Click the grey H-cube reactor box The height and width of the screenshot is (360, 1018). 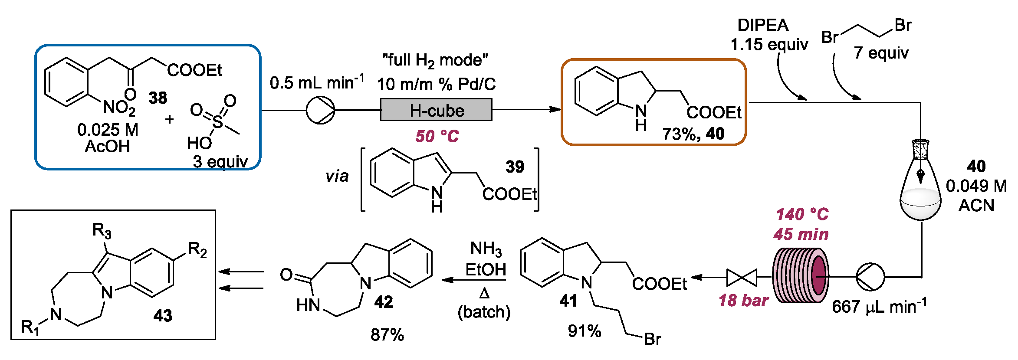[x=436, y=110]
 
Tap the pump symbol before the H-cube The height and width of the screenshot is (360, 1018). [x=321, y=110]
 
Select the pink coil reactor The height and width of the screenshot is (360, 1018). [x=801, y=276]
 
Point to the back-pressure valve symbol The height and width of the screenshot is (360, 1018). [x=742, y=277]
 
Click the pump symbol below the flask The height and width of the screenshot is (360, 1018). [x=870, y=277]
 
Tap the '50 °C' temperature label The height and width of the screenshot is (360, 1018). [x=437, y=136]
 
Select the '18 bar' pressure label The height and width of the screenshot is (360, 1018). [x=743, y=300]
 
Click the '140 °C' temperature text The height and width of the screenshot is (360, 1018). [x=802, y=214]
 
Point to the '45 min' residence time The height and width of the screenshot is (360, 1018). [x=801, y=234]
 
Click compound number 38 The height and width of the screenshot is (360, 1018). [x=158, y=98]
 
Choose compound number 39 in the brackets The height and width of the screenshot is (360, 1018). [x=515, y=167]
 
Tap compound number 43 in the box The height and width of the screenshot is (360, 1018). [x=163, y=315]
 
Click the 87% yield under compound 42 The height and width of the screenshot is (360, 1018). [x=387, y=334]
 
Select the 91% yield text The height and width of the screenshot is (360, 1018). [x=585, y=331]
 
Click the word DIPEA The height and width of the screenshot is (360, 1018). [x=763, y=25]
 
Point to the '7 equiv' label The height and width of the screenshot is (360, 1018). [x=881, y=52]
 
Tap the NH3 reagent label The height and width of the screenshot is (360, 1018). [x=486, y=249]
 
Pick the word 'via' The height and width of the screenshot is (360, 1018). [x=337, y=176]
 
